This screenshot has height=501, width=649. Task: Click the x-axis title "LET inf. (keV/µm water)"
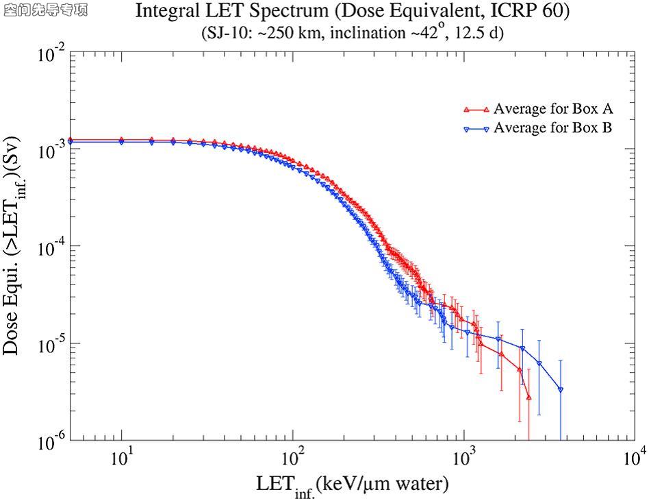coord(353,485)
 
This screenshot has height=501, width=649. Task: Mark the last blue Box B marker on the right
coord(561,390)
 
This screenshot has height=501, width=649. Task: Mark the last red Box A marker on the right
coord(529,397)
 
